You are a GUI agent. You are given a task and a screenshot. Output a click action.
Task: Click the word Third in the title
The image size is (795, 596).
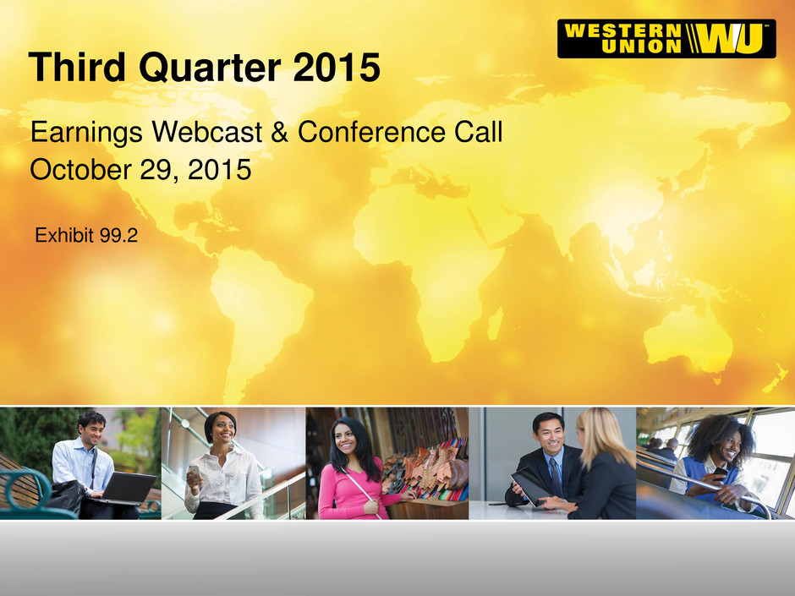[x=77, y=67]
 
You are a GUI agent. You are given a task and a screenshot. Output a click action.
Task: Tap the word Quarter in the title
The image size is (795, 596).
[x=210, y=68]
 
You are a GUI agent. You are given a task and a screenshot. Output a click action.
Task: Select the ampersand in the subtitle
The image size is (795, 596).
[x=279, y=132]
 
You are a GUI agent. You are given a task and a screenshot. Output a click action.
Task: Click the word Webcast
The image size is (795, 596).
[x=207, y=132]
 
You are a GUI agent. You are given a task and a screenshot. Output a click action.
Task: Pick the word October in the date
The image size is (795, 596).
[x=80, y=169]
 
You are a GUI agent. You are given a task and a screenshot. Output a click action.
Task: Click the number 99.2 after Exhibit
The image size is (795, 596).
[x=118, y=236]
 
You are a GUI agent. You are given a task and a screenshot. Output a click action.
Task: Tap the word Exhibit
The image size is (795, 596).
[x=64, y=236]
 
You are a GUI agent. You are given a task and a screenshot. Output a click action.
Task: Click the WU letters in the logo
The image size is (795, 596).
[x=729, y=39]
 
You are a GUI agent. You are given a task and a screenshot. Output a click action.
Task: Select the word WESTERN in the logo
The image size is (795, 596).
[x=623, y=30]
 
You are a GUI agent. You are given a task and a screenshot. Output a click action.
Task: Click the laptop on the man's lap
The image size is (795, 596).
[x=127, y=489]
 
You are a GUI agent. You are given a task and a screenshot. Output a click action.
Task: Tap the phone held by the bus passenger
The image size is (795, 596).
[x=720, y=473]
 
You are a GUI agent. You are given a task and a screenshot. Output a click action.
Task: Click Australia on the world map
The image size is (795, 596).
[x=689, y=337]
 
